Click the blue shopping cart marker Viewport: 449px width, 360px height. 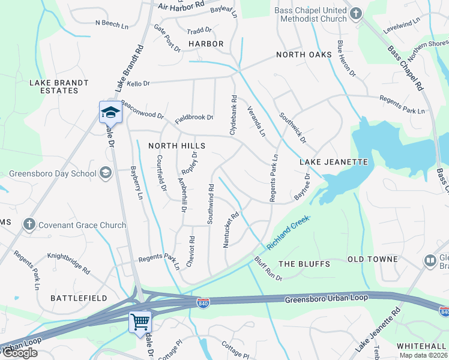click(140, 321)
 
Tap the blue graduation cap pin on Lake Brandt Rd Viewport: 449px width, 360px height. click(110, 112)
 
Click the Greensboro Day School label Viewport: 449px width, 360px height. click(52, 174)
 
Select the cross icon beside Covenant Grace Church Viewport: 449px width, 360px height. click(28, 225)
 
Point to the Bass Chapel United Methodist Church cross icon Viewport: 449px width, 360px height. click(355, 13)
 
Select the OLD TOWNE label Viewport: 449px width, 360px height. click(373, 259)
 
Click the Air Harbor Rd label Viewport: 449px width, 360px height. click(181, 5)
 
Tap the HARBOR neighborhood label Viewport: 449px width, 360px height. click(206, 44)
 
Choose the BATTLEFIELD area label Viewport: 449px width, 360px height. click(79, 298)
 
